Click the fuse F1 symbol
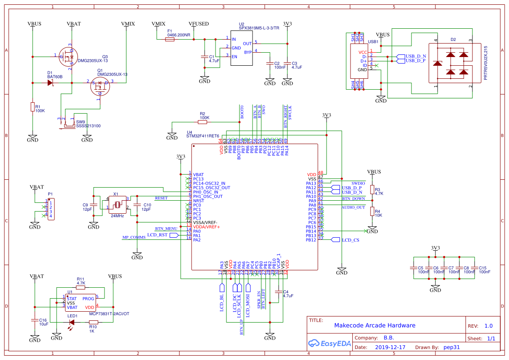click(170, 39)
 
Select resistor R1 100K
click(32, 107)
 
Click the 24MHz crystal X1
click(117, 205)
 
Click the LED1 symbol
click(72, 323)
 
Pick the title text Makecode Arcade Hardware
click(374, 325)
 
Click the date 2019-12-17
click(390, 347)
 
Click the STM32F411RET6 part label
click(202, 136)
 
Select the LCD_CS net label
click(351, 240)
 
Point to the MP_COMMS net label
click(134, 237)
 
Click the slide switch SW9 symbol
click(69, 126)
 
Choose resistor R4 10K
click(372, 212)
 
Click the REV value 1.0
click(488, 326)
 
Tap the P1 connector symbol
click(51, 209)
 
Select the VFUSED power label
click(199, 24)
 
